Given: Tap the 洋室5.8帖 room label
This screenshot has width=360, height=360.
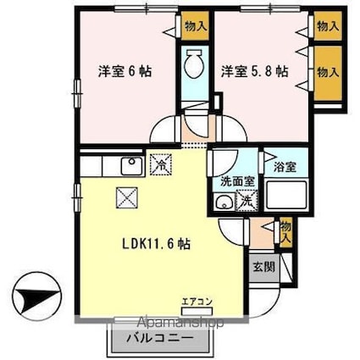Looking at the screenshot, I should pos(254,72).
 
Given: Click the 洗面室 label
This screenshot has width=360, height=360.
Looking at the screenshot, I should pos(227,180).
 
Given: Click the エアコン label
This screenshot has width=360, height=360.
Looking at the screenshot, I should pos(194,302).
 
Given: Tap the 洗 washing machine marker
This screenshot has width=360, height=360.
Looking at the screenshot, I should pos(245,202).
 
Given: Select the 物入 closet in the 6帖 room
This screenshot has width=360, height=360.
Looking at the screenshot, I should pos(195,26).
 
